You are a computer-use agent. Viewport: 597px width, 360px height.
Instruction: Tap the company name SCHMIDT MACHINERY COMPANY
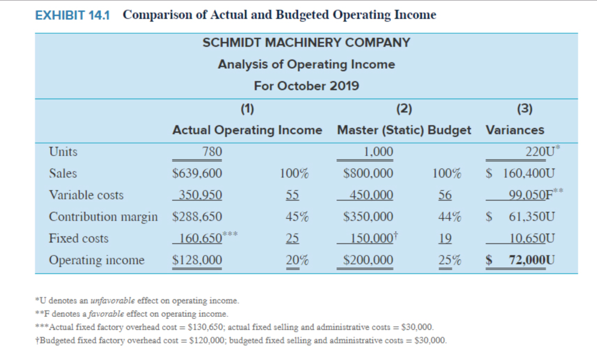pyautogui.click(x=306, y=43)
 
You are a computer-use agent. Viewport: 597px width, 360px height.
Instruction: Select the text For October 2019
pyautogui.click(x=306, y=86)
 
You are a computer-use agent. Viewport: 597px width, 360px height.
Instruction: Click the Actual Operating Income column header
pyautogui.click(x=247, y=130)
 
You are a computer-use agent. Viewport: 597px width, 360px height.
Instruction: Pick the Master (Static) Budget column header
pyautogui.click(x=404, y=130)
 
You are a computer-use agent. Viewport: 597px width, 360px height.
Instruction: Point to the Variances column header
pyautogui.click(x=515, y=130)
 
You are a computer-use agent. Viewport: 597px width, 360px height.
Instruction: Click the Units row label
pyautogui.click(x=63, y=152)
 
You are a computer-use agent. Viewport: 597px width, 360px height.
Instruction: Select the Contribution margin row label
pyautogui.click(x=103, y=217)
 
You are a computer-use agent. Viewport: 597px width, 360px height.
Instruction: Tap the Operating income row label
pyautogui.click(x=97, y=260)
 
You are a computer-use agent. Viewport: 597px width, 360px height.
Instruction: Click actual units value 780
pyautogui.click(x=212, y=152)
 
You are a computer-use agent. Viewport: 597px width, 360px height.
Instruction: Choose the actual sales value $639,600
pyautogui.click(x=198, y=174)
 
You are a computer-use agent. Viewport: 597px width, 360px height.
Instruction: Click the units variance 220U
pyautogui.click(x=539, y=152)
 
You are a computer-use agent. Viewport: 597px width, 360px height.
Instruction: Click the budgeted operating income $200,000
pyautogui.click(x=368, y=260)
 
